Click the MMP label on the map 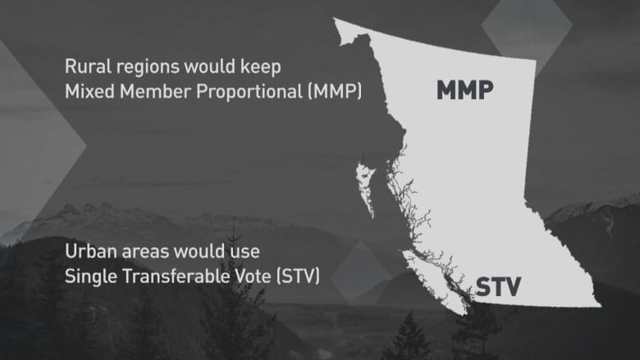pyautogui.click(x=465, y=90)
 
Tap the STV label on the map pyautogui.click(x=498, y=287)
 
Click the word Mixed pyautogui.click(x=89, y=91)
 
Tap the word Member pyautogui.click(x=156, y=91)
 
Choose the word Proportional pyautogui.click(x=249, y=92)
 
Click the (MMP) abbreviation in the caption pyautogui.click(x=335, y=91)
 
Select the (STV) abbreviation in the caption pyautogui.click(x=299, y=276)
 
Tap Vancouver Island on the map pyautogui.click(x=433, y=281)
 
